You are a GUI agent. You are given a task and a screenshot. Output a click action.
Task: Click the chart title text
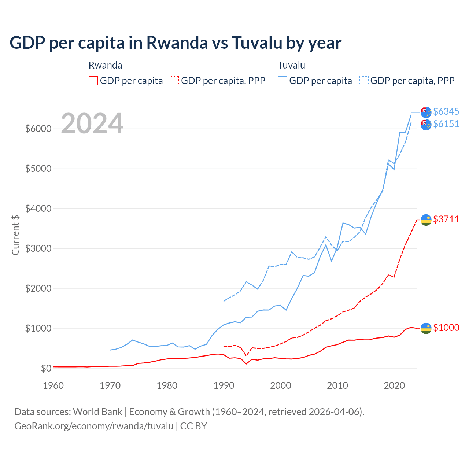(175, 43)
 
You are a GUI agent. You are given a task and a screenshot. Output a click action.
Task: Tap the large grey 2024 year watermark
(92, 124)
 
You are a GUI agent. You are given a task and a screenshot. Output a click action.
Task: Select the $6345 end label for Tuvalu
(446, 111)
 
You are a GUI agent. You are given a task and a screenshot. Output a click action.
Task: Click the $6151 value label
(446, 124)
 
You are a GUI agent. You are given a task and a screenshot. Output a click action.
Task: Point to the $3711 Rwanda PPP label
(446, 219)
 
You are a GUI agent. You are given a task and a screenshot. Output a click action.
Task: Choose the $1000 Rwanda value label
(446, 328)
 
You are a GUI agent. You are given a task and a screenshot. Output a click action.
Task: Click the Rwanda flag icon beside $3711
(426, 220)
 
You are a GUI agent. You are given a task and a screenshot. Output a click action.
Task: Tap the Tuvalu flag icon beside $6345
(426, 112)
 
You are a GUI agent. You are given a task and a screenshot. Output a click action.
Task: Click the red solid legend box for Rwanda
(93, 81)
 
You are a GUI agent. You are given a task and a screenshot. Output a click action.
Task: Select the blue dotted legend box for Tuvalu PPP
(364, 81)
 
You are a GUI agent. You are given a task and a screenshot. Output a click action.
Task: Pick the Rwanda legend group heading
(105, 65)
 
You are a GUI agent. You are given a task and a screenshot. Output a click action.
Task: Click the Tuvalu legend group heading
(291, 65)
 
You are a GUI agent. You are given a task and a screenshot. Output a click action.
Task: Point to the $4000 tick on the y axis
(38, 209)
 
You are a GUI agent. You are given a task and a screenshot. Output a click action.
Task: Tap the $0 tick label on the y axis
(46, 368)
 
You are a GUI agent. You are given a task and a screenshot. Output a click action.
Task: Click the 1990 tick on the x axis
(224, 385)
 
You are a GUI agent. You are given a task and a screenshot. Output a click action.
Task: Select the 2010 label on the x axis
(337, 385)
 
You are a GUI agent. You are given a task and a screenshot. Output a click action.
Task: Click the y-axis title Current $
(15, 235)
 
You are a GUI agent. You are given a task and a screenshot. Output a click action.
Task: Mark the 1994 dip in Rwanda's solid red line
(246, 363)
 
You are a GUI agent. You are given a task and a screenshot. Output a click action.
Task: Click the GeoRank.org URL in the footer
(94, 426)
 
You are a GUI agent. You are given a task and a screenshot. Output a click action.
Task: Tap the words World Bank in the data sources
(97, 412)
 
